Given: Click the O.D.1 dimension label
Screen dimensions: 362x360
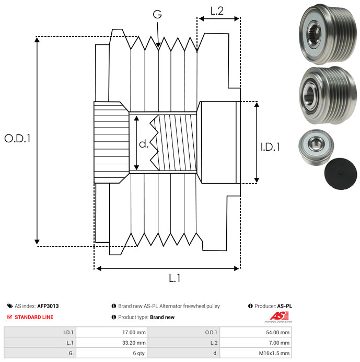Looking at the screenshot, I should click(x=17, y=139).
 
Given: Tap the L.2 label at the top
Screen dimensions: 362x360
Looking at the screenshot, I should click(x=217, y=10).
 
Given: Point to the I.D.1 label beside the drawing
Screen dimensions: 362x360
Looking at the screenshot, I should click(x=270, y=148).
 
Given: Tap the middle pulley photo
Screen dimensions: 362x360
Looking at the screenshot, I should click(x=325, y=93).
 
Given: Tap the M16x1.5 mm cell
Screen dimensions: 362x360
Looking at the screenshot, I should click(x=275, y=354).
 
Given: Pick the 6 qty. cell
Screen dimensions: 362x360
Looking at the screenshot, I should click(x=138, y=354).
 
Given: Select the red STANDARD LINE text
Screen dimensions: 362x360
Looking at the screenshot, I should click(x=33, y=317).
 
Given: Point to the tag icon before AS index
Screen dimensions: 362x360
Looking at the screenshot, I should click(x=10, y=306).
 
